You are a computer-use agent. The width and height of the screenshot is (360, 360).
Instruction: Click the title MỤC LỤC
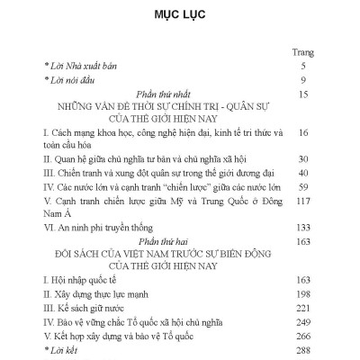coord(179,16)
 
